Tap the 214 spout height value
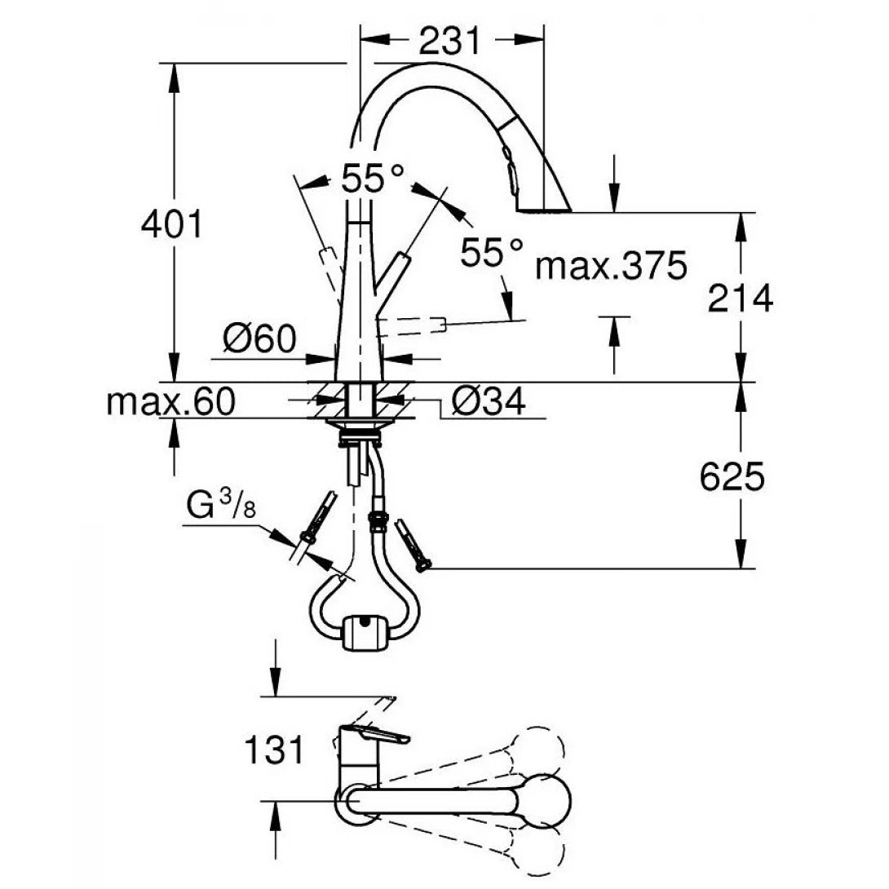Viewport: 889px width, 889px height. pyautogui.click(x=739, y=299)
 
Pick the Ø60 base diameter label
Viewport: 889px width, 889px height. pyautogui.click(x=257, y=338)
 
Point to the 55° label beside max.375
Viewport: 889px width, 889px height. pyautogui.click(x=489, y=252)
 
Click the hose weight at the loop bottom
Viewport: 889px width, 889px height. pyautogui.click(x=363, y=633)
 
